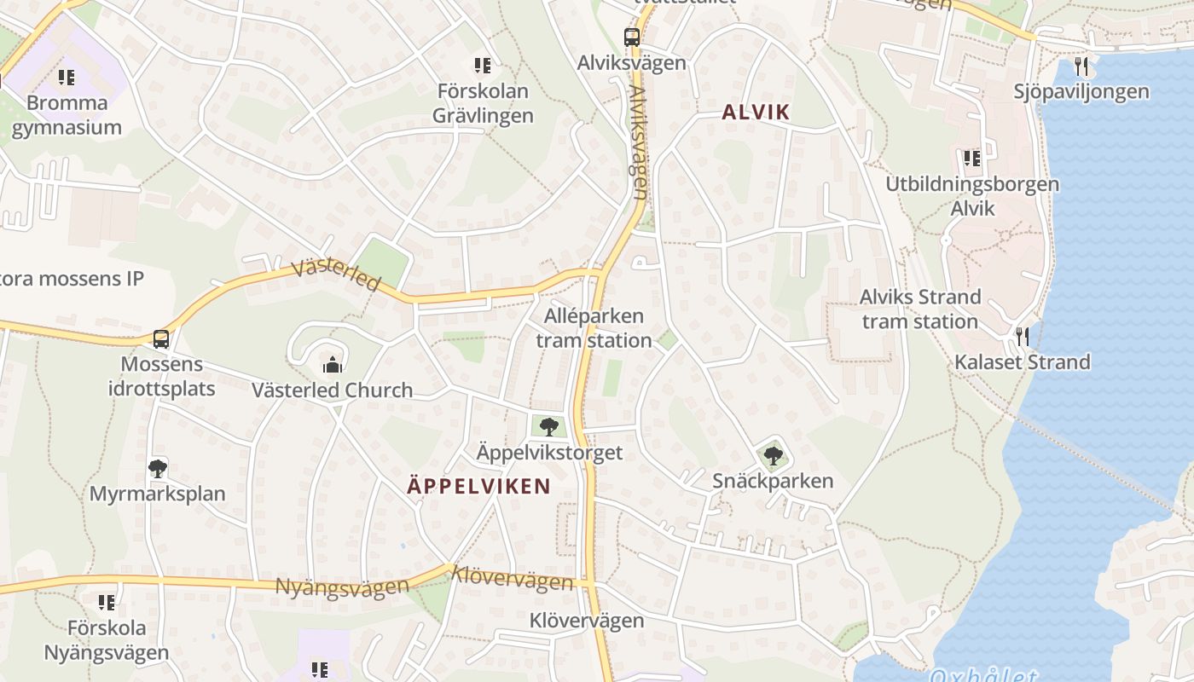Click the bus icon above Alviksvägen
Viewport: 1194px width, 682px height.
pyautogui.click(x=631, y=37)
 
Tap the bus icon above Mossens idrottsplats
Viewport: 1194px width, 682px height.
pyautogui.click(x=160, y=338)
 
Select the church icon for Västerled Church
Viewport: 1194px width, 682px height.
pyautogui.click(x=332, y=365)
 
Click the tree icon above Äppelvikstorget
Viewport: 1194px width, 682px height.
pyautogui.click(x=548, y=426)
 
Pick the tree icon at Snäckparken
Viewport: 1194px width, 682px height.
pyautogui.click(x=773, y=455)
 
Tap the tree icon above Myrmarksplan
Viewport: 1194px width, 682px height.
pyautogui.click(x=157, y=468)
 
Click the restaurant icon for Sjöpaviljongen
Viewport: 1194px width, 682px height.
pyautogui.click(x=1081, y=66)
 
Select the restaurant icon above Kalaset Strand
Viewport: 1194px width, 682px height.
pyautogui.click(x=1023, y=336)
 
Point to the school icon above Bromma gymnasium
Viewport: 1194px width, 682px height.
pyautogui.click(x=67, y=78)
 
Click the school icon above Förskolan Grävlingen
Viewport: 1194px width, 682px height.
pyautogui.click(x=483, y=65)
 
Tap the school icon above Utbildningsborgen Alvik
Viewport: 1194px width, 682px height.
pyautogui.click(x=971, y=158)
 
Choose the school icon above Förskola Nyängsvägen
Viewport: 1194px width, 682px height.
pyautogui.click(x=107, y=603)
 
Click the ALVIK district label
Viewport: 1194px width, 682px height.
pyautogui.click(x=756, y=112)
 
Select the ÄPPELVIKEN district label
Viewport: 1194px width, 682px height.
pyautogui.click(x=478, y=486)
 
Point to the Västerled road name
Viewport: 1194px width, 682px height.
pyautogui.click(x=335, y=275)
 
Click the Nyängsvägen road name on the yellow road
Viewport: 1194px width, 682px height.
pyautogui.click(x=341, y=587)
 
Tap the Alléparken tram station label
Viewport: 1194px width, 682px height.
pyautogui.click(x=594, y=328)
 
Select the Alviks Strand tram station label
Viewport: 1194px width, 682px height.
pyautogui.click(x=920, y=309)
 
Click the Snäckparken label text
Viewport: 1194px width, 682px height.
pyautogui.click(x=773, y=481)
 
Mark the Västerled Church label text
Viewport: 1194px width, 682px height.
pyautogui.click(x=332, y=390)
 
